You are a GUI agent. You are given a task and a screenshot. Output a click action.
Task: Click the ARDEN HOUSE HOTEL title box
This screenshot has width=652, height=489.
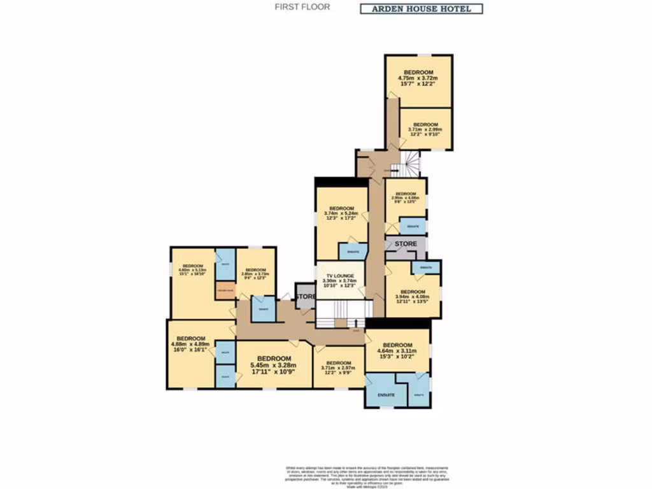tap(422, 9)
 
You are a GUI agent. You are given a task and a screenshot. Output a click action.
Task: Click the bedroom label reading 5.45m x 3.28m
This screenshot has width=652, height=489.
tap(274, 364)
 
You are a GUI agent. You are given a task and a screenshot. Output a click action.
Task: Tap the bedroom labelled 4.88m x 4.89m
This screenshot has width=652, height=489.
tap(191, 344)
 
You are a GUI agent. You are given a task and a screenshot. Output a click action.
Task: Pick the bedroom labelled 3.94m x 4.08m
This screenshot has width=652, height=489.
tap(413, 296)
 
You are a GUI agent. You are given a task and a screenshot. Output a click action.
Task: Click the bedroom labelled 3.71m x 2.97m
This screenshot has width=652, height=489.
tap(338, 367)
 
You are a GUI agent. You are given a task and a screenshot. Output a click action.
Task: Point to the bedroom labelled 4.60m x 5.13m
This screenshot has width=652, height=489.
tap(193, 271)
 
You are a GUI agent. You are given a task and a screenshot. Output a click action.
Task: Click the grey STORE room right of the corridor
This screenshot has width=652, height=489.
tap(406, 244)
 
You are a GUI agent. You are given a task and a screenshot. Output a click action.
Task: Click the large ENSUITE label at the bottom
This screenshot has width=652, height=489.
tap(386, 395)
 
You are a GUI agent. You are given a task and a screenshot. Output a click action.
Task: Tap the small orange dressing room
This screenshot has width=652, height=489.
tap(225, 292)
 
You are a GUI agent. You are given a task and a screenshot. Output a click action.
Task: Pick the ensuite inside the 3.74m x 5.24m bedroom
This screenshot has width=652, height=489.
tap(352, 252)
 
